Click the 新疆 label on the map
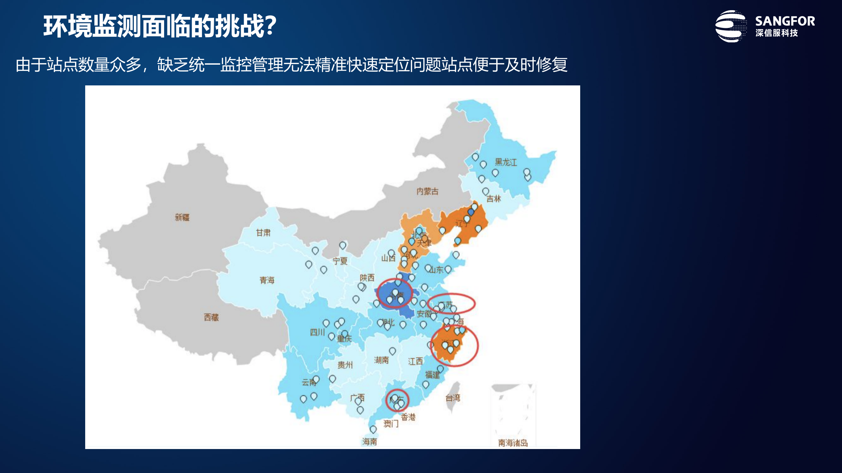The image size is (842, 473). click(x=182, y=217)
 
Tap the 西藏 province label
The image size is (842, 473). click(x=211, y=317)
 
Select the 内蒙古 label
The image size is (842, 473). click(x=427, y=191)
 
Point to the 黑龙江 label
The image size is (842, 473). click(x=506, y=162)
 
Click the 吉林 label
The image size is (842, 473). click(x=494, y=199)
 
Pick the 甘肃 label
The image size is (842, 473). click(x=263, y=233)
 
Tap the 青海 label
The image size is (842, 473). click(x=267, y=280)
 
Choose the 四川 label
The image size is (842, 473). click(x=317, y=332)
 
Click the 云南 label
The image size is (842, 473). click(x=309, y=382)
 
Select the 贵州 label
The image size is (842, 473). click(x=345, y=365)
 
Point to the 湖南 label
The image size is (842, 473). click(x=381, y=360)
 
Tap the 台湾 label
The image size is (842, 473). click(x=453, y=398)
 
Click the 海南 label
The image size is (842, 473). click(x=370, y=442)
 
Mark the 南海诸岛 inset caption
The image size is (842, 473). click(x=513, y=443)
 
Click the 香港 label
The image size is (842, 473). click(x=408, y=417)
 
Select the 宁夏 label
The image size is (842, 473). click(x=340, y=261)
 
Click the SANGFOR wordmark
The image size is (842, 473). click(x=785, y=21)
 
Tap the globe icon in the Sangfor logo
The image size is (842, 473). click(x=731, y=26)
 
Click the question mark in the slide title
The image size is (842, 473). click(x=270, y=26)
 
